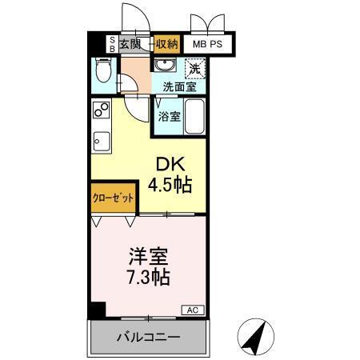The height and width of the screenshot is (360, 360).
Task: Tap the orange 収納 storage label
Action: (166, 44)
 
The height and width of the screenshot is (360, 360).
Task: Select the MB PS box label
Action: (206, 45)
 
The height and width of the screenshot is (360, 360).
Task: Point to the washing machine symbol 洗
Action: (194, 67)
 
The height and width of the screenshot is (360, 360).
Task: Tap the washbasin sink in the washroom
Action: (166, 65)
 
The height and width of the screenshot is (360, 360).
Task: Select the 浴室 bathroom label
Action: (169, 117)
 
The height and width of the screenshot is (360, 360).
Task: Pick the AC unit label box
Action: (193, 310)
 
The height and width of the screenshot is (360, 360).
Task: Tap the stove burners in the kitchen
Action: (101, 110)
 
